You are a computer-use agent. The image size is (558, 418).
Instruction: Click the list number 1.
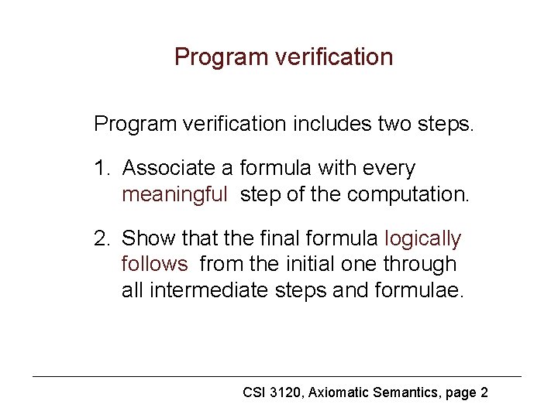[100, 168]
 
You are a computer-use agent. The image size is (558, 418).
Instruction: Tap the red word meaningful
[174, 194]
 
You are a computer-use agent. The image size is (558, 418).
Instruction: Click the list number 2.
[101, 238]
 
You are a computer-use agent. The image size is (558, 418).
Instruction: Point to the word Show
[146, 238]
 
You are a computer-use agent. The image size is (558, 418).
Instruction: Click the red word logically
[422, 238]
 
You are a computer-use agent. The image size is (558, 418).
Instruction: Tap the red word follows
[154, 264]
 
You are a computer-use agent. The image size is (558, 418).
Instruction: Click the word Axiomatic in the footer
[339, 392]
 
